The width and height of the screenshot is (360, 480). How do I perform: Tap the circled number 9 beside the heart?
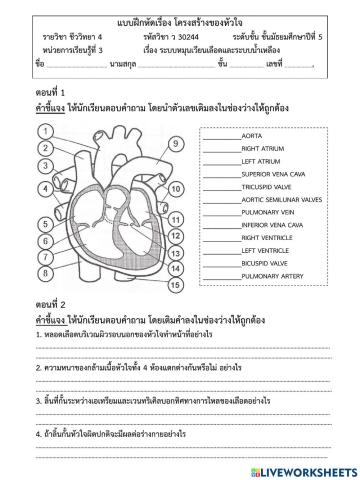click(x=173, y=144)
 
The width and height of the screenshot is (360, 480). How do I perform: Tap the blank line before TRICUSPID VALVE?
click(x=219, y=185)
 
